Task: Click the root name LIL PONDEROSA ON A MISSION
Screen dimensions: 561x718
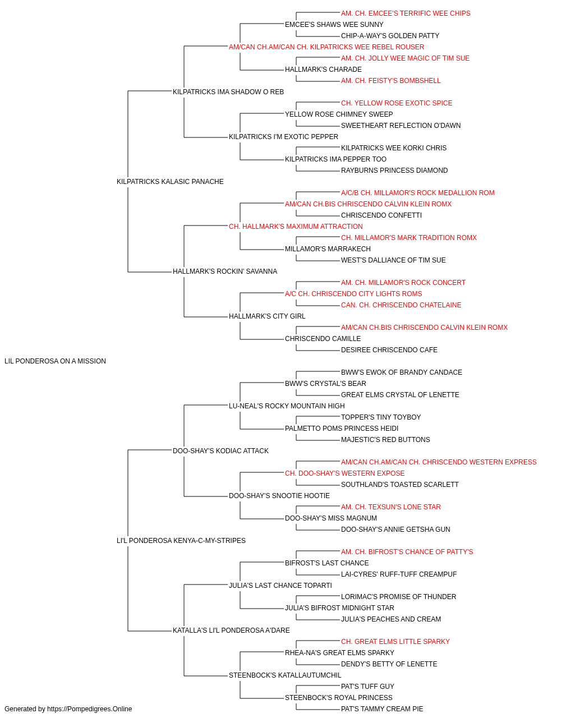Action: point(55,361)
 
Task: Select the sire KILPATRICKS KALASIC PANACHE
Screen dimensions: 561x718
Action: point(170,181)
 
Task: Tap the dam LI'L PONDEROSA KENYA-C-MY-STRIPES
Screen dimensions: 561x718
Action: point(181,541)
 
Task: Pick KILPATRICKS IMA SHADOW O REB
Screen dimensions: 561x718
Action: point(228,92)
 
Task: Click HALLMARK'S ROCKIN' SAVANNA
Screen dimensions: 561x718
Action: point(225,271)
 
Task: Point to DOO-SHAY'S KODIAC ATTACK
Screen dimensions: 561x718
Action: point(220,450)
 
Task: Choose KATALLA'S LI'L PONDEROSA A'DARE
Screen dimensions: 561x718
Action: point(231,630)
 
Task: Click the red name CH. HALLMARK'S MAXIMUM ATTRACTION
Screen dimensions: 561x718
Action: point(296,226)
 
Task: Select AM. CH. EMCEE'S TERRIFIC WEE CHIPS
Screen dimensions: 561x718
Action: point(406,13)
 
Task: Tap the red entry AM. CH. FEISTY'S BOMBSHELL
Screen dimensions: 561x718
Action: point(391,81)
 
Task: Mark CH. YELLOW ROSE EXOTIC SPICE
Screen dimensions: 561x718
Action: point(397,103)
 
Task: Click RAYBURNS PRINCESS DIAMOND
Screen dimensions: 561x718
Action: point(394,171)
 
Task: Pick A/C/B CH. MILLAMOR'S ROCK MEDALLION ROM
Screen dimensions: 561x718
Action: point(418,192)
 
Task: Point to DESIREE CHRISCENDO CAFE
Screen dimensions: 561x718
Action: point(389,350)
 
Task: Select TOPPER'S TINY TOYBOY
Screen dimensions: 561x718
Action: point(381,417)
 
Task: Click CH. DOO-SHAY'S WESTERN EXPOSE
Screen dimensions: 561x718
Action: point(345,473)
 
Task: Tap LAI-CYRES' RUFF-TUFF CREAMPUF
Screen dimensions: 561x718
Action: point(399,574)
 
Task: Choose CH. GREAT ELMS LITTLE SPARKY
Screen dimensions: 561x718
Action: point(396,642)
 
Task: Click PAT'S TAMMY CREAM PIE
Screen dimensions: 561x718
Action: point(382,709)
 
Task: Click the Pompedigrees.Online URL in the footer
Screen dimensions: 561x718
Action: point(90,709)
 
